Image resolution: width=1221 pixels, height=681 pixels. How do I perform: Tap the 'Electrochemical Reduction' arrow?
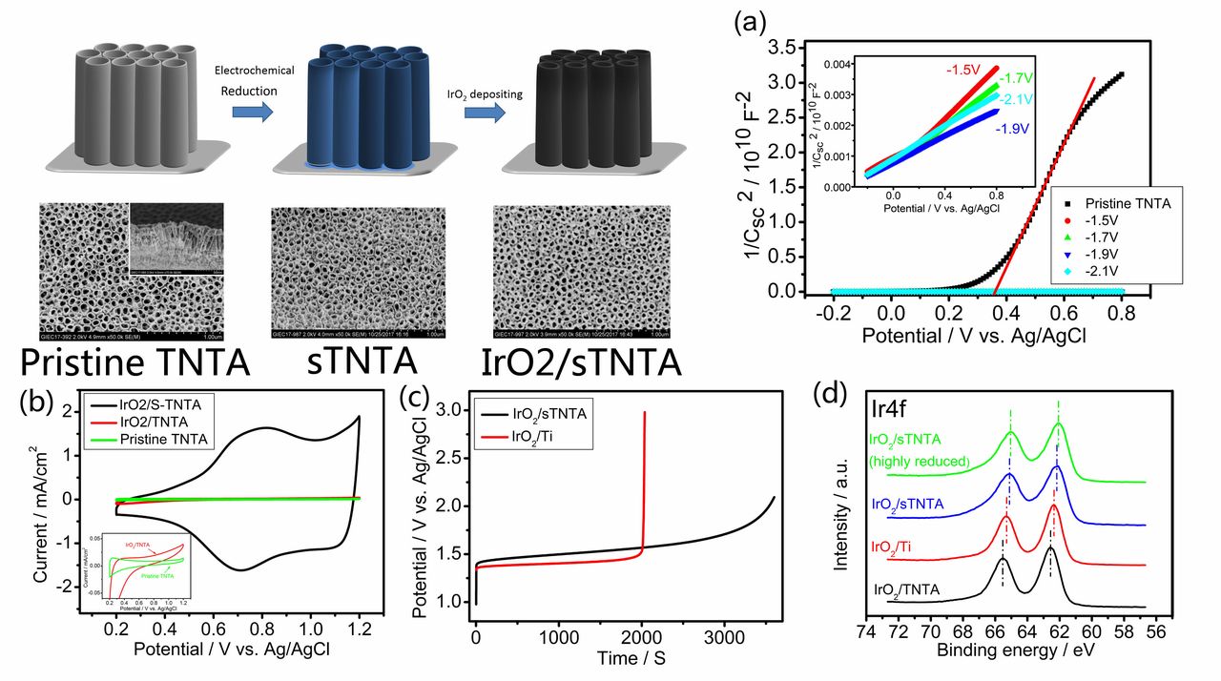(x=252, y=110)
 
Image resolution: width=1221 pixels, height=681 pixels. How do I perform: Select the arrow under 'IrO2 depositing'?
(x=485, y=111)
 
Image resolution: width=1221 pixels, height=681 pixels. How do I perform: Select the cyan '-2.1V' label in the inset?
(x=1019, y=97)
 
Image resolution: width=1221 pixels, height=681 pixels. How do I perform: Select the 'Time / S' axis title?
(x=623, y=658)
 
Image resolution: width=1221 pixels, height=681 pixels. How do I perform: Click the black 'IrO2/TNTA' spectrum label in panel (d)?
(x=906, y=590)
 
